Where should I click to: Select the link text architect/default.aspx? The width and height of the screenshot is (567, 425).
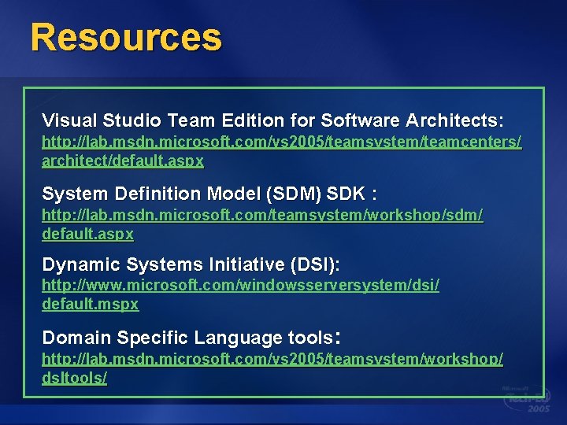[123, 161]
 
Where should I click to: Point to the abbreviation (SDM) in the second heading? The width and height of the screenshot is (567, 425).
[290, 193]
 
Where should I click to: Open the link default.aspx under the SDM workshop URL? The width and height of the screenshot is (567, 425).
[87, 234]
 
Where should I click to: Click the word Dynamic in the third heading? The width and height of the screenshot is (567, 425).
[74, 264]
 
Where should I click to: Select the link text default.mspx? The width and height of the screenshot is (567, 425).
[90, 304]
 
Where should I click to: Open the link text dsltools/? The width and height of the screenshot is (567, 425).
[74, 378]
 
